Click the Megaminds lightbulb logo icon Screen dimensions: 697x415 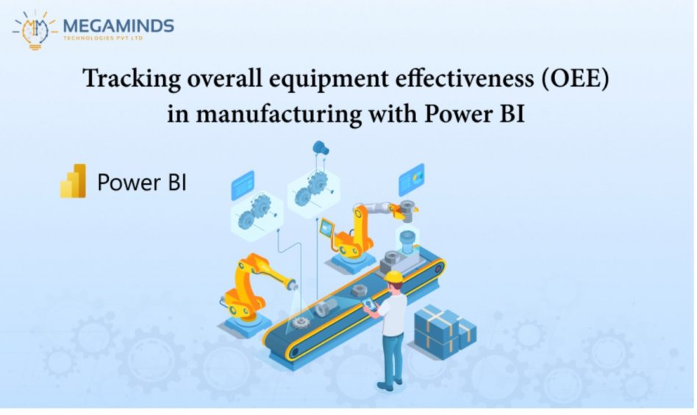tap(35, 30)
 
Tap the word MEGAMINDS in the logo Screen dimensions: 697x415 tap(118, 26)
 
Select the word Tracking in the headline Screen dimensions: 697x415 tap(132, 79)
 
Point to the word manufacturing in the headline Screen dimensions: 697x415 tap(279, 113)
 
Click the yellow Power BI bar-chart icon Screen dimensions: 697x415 tap(74, 180)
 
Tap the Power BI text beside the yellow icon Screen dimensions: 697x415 tap(142, 182)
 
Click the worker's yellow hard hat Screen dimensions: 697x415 tap(393, 277)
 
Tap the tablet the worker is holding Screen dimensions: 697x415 tap(369, 305)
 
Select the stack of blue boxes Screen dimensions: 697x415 tap(445, 331)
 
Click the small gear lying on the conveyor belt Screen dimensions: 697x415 tap(301, 322)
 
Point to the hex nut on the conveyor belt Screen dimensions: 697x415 tap(358, 291)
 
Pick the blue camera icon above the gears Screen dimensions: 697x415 tap(320, 148)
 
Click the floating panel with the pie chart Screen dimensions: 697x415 tap(411, 180)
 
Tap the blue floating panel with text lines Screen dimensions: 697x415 tap(243, 185)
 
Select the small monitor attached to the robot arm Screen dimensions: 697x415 tap(326, 229)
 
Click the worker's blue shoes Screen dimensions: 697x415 tap(388, 384)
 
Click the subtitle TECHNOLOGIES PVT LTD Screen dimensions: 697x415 tap(103, 38)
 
